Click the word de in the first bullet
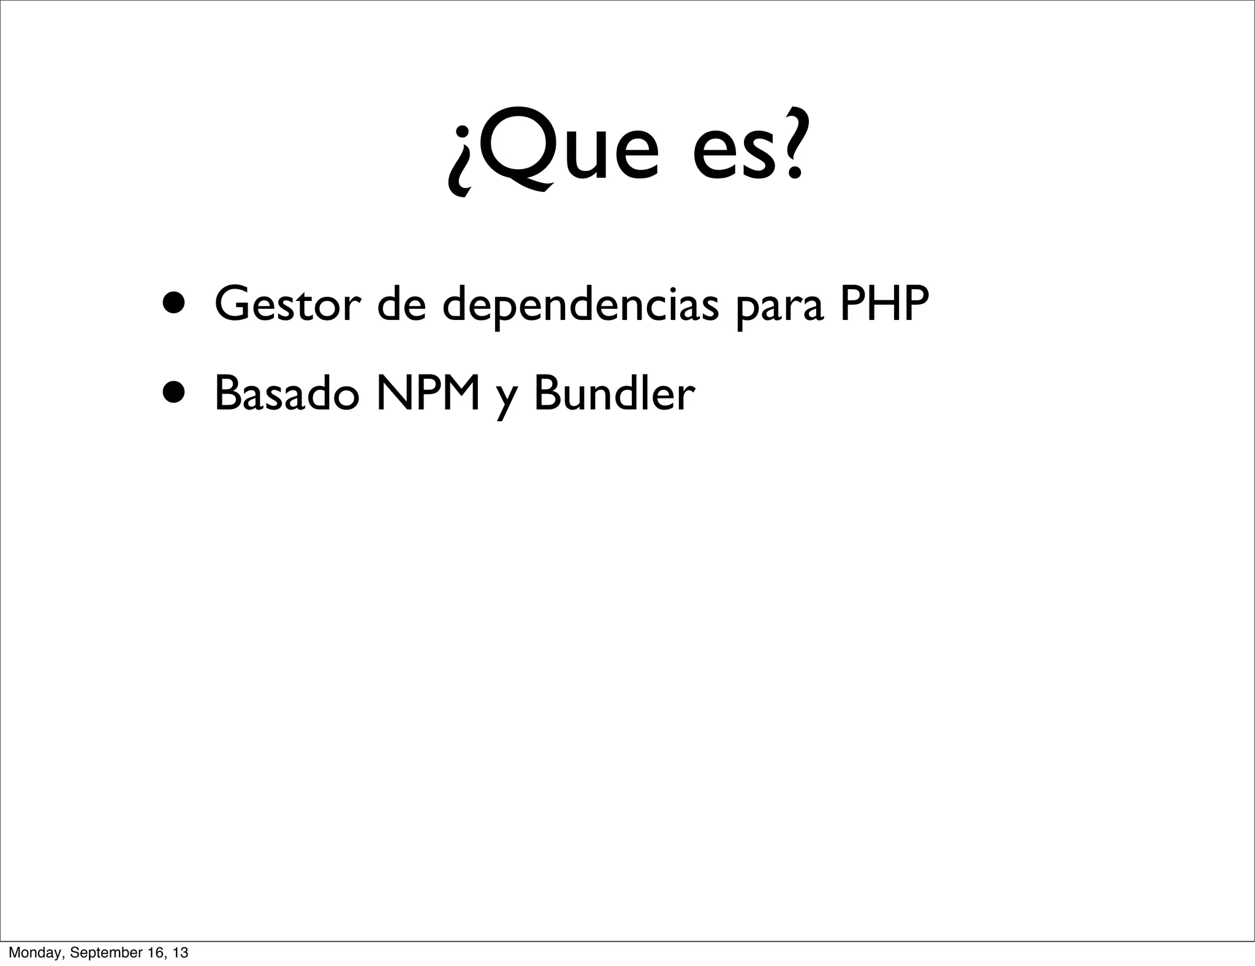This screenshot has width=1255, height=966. (401, 305)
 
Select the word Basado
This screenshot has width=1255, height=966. (286, 394)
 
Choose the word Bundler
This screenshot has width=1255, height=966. (615, 394)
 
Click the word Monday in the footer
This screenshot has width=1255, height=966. (34, 953)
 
